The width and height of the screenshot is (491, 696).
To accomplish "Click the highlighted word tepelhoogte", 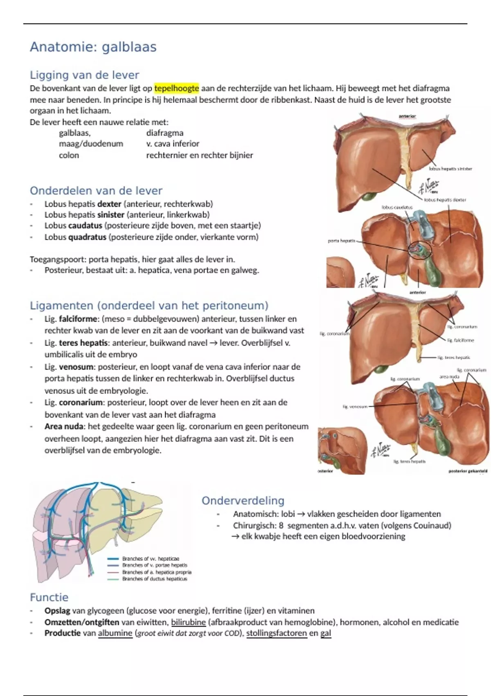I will point(176,88).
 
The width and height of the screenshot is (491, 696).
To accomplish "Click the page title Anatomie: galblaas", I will point(93,47).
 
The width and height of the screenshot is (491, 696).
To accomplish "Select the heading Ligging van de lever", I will point(84,75).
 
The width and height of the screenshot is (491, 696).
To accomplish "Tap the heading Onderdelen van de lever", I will point(96,190).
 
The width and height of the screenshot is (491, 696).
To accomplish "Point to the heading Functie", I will point(49,597).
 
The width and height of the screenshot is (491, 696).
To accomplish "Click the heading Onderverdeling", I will point(243,500).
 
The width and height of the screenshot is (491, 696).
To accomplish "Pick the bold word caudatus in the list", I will point(85,226).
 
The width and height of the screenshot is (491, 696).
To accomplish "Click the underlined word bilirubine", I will point(188,622).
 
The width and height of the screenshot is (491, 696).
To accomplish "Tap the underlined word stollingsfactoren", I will point(276,633).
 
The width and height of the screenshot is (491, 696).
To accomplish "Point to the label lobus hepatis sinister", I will point(450,169).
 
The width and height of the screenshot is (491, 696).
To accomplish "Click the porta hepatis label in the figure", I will point(341,241).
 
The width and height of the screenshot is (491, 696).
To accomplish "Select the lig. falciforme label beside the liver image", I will point(460,340).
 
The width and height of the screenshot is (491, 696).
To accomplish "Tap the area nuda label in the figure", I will point(449,376).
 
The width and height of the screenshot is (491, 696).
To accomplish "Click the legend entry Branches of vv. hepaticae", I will point(150,558).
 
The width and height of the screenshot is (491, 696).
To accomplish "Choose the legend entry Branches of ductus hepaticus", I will point(154,579).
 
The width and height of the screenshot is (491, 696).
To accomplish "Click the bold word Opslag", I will point(57,611).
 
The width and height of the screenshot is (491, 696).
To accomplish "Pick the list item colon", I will point(69,155).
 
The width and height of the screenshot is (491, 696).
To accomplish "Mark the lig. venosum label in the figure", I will point(355,407).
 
